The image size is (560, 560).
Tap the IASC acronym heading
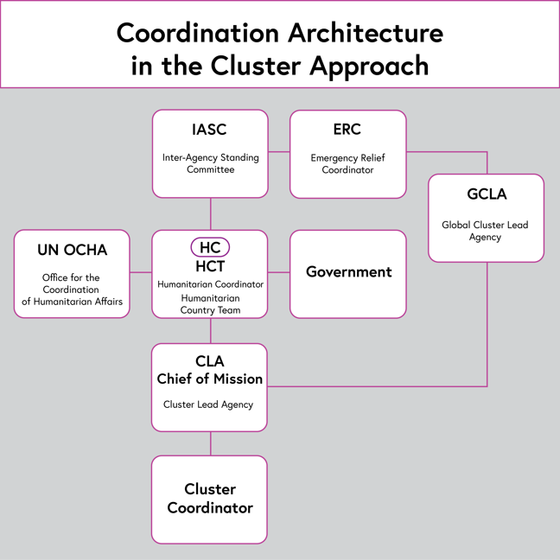209,130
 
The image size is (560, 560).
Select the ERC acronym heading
347,130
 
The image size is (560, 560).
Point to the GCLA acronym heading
486,194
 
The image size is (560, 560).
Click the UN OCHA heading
73,250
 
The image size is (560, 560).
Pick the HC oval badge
210,248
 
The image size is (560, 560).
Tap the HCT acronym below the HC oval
210,266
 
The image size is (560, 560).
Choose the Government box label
348,271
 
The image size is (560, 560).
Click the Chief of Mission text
210,379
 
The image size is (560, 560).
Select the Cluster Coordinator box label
210,499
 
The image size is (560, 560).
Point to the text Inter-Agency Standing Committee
210,163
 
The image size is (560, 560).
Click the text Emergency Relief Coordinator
347,163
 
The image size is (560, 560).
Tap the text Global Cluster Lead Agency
485,231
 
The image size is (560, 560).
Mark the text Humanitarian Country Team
210,303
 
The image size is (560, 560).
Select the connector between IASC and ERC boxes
278,152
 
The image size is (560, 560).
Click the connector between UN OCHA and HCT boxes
141,272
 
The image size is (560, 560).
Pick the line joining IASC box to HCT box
211,213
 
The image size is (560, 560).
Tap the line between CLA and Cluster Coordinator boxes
211,443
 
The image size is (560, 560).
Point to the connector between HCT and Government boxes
278,272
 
